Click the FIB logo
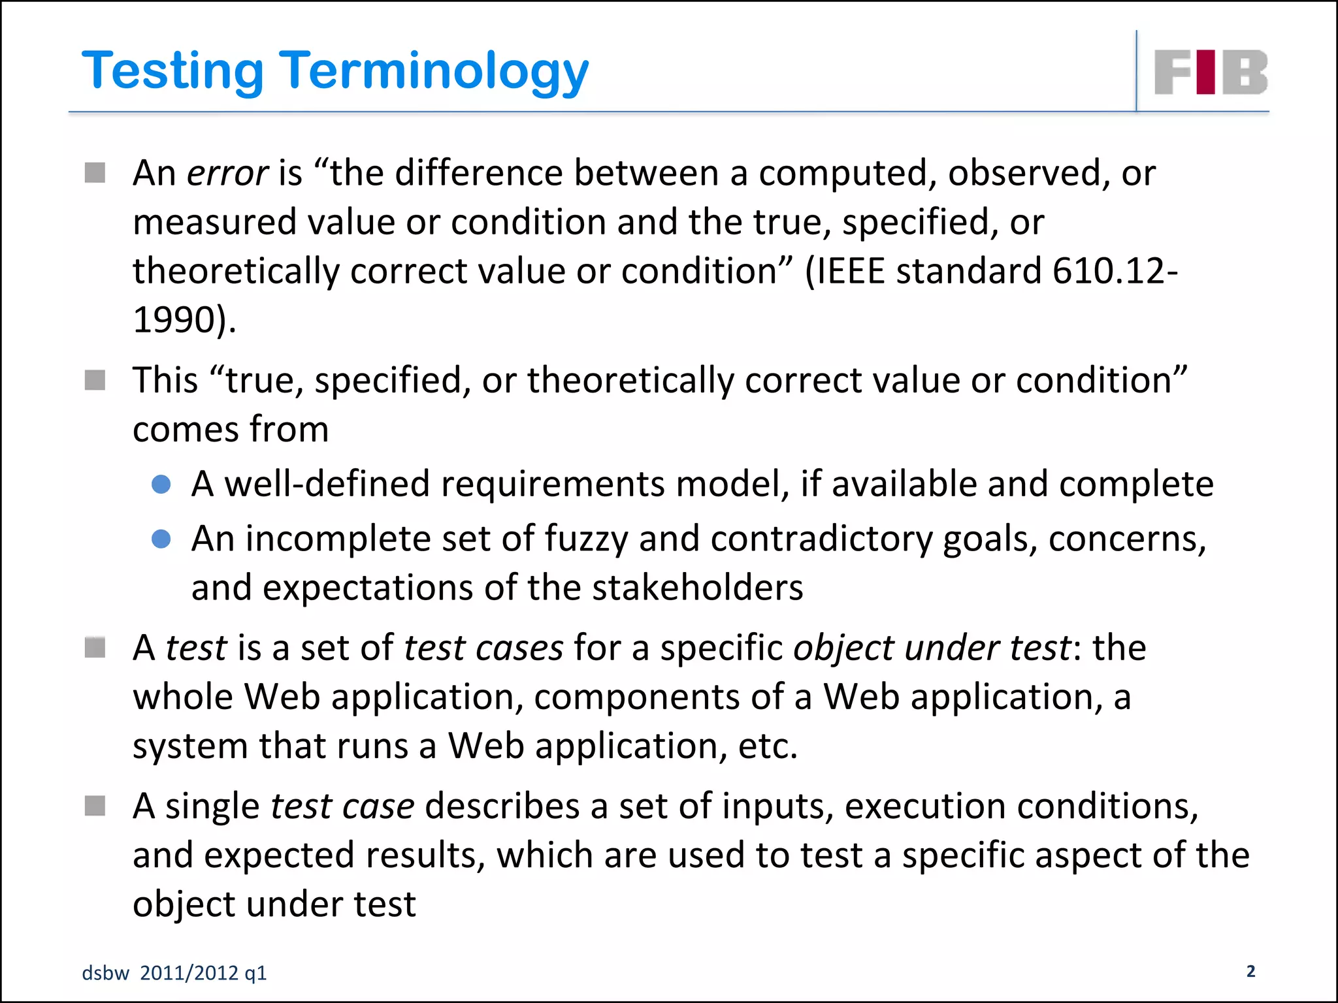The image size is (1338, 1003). [x=1211, y=72]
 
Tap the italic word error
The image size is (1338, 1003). [x=227, y=174]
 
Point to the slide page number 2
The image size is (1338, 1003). [x=1250, y=971]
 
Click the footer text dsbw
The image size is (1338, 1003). [x=105, y=973]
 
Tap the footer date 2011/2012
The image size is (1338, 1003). [x=189, y=973]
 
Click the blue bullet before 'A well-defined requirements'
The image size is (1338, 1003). [x=161, y=485]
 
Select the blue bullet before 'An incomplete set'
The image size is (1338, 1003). [x=161, y=539]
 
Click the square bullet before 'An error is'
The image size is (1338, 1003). [x=95, y=173]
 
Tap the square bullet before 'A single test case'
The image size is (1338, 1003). [x=95, y=806]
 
